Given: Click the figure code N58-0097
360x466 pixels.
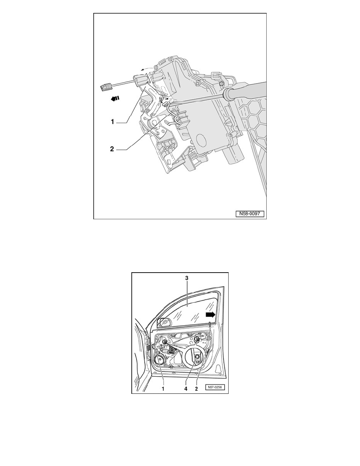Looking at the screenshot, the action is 250,213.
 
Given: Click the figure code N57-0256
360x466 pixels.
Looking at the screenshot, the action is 215,387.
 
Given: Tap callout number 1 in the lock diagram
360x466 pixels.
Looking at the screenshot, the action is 112,122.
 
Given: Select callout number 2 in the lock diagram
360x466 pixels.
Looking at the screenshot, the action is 112,149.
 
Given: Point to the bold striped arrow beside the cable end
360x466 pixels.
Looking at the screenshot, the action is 115,98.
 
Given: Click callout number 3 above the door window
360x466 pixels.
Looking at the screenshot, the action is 187,278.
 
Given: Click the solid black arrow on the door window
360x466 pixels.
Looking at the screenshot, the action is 210,315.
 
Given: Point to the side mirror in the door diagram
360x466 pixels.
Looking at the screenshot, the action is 164,322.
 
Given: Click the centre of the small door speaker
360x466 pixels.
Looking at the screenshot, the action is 160,360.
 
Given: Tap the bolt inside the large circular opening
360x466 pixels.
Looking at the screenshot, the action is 197,356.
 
